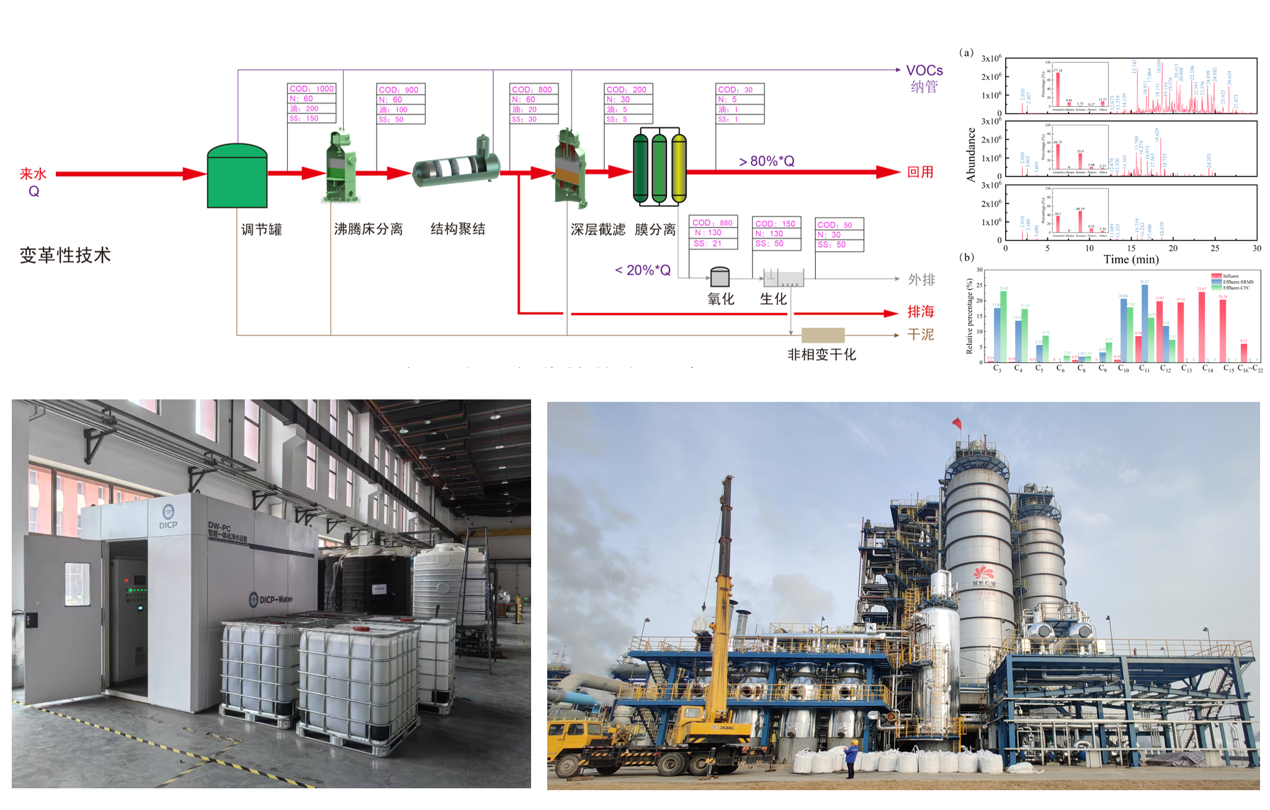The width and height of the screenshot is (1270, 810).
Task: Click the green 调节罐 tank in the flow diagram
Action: [x=237, y=177]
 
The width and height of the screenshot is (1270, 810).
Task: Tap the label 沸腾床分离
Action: [x=369, y=229]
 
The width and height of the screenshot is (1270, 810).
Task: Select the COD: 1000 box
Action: [x=311, y=89]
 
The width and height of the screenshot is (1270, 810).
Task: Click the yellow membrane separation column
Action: [x=679, y=169]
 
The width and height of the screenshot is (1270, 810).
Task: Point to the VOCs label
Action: [x=924, y=71]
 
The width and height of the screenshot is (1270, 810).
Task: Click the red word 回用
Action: [x=920, y=172]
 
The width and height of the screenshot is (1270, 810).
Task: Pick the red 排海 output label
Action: [x=921, y=312]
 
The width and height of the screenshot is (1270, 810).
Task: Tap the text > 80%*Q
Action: [x=766, y=161]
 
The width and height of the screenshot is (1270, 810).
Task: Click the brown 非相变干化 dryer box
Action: [x=823, y=336]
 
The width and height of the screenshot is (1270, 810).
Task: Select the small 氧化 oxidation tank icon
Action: [x=720, y=276]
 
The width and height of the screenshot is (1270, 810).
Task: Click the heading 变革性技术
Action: [x=65, y=255]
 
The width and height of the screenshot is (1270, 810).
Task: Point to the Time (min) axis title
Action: [x=1130, y=259]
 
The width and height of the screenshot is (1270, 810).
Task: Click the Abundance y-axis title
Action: [x=971, y=155]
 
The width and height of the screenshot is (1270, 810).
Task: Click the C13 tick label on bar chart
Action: [x=1186, y=368]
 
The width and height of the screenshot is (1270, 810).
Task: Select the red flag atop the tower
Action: [x=957, y=423]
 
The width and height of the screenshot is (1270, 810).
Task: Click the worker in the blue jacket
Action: [x=851, y=759]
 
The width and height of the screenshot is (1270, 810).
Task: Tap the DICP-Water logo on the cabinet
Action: [x=271, y=600]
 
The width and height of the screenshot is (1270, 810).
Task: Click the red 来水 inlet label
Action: [x=34, y=174]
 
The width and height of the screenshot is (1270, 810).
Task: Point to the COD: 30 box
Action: [x=740, y=89]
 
